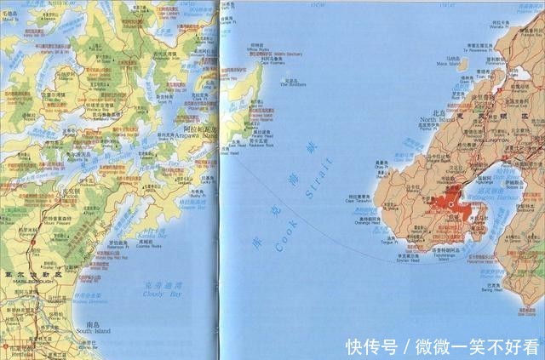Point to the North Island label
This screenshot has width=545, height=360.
[x=439, y=120]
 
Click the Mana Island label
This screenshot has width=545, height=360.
[x=445, y=62]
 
